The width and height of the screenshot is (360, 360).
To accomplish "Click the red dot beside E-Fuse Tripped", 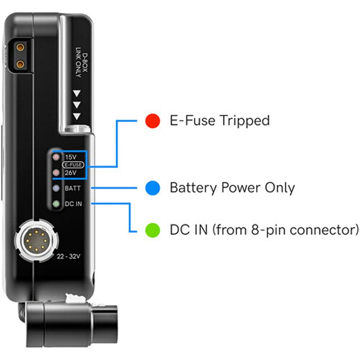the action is coord(153,121).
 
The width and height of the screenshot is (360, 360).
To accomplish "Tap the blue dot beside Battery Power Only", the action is coord(153,188).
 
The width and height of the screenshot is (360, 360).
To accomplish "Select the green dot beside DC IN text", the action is coord(153,230).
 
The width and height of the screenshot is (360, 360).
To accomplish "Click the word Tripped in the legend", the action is coord(244,121).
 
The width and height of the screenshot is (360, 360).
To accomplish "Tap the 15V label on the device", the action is coord(71,157).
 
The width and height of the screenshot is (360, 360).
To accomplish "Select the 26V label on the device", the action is coord(71,172).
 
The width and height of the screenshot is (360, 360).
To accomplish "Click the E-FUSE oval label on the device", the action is coord(73,165).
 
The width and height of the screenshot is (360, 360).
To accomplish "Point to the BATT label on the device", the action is coord(73,188).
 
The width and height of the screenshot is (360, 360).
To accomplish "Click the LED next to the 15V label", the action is coord(56,157).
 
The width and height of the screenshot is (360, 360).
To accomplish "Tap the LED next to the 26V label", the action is coord(56,172).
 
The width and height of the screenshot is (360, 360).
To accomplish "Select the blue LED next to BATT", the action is coord(56,188).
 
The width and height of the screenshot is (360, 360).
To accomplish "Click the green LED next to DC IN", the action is coord(56,204).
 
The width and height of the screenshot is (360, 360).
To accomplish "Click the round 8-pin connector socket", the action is coord(36,241).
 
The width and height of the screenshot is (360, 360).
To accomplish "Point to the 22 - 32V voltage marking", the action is coord(68,256).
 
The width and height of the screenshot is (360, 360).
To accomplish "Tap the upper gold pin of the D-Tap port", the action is coord(20,48).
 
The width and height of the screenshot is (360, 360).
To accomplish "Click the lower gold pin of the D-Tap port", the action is coord(20,64).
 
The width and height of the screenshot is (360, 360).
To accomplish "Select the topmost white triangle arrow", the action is coord(77,93).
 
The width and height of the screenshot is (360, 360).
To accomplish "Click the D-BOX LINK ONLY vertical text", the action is coord(82,62).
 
